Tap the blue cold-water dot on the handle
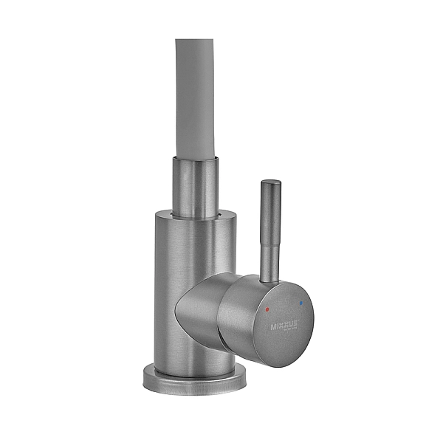pos(300,303)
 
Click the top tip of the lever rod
pos(271,179)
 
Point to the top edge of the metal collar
pos(199,158)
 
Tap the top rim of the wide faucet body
pos(199,215)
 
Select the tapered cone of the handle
pos(203,310)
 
